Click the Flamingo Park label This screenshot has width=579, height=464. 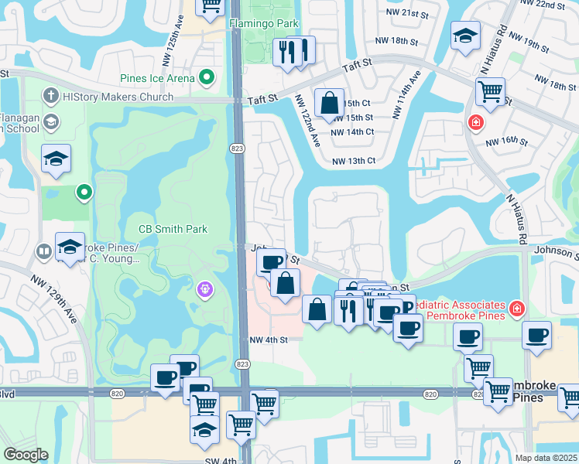[265, 23]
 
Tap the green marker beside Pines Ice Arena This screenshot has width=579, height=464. [207, 77]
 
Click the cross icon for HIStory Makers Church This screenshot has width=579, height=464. [52, 97]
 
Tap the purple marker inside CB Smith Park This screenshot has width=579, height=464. [205, 289]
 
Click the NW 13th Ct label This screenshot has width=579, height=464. [353, 161]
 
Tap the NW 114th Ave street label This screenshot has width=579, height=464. [406, 96]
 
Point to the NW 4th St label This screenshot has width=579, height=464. [269, 339]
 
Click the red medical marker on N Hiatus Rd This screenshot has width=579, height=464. [475, 123]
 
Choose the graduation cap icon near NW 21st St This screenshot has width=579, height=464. [466, 36]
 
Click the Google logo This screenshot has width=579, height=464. [26, 455]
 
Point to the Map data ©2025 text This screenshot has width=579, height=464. [546, 458]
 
